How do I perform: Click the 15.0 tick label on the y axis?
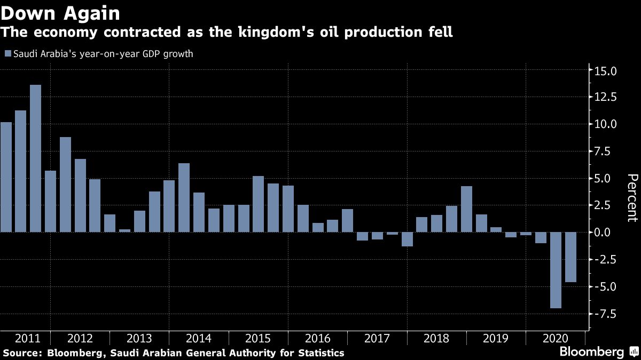[x=606, y=70]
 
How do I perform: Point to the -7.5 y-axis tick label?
[x=605, y=314]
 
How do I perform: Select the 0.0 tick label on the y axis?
[x=608, y=233]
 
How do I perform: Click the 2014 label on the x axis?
[x=198, y=338]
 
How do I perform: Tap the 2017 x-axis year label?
[x=377, y=338]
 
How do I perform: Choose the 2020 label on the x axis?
[x=555, y=338]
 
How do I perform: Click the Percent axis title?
[x=632, y=197]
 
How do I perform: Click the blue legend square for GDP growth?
[x=7, y=53]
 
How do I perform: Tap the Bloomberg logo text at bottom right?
[x=591, y=351]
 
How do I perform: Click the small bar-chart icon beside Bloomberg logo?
[x=634, y=351]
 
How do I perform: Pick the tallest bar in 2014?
[x=184, y=197]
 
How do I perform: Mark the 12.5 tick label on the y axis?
[x=606, y=97]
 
